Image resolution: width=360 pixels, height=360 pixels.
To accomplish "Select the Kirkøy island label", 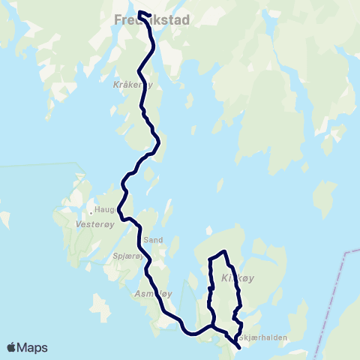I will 238,278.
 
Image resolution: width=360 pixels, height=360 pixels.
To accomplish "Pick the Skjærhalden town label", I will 264,337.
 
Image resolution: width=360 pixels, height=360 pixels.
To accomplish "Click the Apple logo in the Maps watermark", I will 12,347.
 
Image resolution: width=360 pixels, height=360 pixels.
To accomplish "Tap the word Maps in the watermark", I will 33,347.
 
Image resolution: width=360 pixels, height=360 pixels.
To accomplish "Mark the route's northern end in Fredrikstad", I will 140,12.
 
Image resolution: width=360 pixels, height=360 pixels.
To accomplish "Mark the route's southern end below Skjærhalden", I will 238,348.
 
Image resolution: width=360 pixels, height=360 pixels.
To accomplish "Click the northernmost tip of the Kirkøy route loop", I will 223,251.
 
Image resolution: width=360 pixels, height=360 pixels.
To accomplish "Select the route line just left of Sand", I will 139,240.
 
